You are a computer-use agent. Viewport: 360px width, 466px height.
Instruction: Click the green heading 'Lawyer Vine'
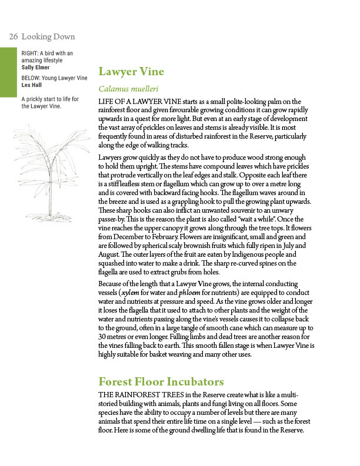click(131, 72)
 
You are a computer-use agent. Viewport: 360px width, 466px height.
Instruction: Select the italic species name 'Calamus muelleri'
click(128, 90)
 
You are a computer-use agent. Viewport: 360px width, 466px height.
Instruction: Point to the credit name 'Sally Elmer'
click(35, 66)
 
